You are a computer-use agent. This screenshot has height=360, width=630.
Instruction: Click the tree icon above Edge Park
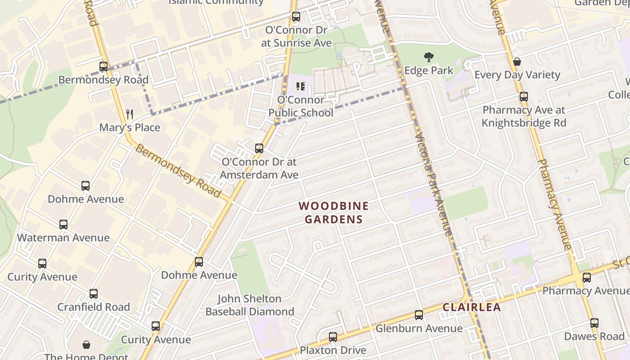[x=428, y=57]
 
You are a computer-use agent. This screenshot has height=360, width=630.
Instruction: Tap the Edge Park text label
[x=428, y=71]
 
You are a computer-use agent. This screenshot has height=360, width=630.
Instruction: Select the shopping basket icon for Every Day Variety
[x=517, y=62]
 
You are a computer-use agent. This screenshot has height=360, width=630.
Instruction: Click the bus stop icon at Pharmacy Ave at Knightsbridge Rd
[x=523, y=96]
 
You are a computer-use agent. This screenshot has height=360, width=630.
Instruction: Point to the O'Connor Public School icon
[x=301, y=86]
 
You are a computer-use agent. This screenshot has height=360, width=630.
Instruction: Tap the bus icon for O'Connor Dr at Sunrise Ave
[x=296, y=17]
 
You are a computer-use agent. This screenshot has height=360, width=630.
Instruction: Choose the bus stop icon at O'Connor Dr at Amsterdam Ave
[x=259, y=148]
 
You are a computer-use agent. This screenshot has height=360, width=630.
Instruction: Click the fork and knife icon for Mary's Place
[x=130, y=114]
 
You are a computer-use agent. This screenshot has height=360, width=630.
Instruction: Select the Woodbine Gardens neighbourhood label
[x=333, y=212]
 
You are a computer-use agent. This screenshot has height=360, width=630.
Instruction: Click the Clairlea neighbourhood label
[x=472, y=307]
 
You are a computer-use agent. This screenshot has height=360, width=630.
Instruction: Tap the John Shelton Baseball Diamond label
[x=250, y=305]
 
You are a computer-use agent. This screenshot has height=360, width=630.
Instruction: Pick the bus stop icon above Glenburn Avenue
[x=418, y=315]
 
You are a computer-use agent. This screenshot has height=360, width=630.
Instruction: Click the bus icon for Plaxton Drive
[x=333, y=337]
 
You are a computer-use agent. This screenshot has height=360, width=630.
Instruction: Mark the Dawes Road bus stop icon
[x=594, y=323]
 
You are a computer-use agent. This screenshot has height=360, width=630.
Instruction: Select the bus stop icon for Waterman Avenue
[x=63, y=224]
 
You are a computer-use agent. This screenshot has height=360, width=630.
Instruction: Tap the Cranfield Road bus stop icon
[x=93, y=293]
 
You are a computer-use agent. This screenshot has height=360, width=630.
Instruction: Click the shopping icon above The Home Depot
[x=86, y=345]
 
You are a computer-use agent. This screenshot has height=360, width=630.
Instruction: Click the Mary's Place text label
[x=130, y=127]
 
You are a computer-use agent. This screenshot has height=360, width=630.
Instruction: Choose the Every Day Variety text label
[x=517, y=75]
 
